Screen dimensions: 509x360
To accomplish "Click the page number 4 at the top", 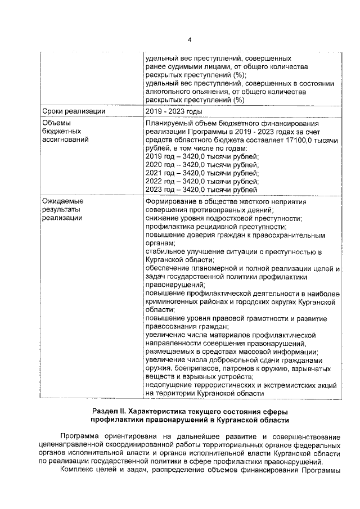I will tap(190, 39).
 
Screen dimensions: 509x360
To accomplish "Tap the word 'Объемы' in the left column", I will tap(58, 123).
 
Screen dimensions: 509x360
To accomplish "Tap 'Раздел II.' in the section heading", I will tap(111, 411).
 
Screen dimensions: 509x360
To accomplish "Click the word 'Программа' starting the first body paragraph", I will tap(83, 436).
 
